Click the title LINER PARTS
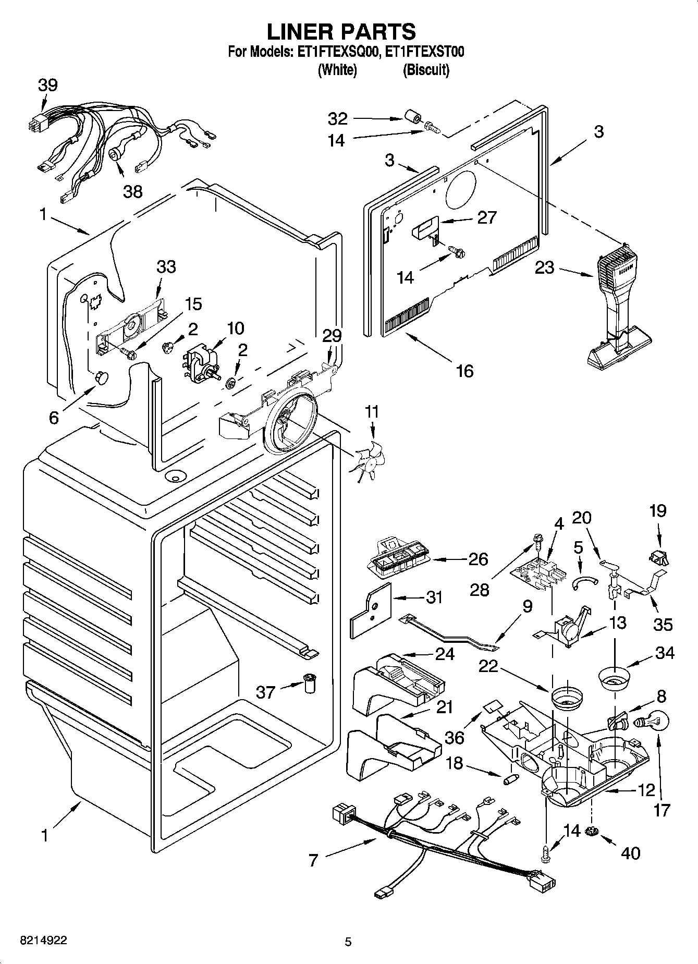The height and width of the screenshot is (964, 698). pos(341,32)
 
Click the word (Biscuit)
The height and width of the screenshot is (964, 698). pos(425,69)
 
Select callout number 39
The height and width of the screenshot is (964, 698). pos(47,85)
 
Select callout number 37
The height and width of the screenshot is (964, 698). pos(266,692)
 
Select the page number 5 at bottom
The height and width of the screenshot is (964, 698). pos(348,942)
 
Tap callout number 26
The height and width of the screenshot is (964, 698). pos(478,559)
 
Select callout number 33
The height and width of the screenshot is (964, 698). pos(166,267)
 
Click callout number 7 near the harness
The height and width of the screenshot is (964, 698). pos(313,860)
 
